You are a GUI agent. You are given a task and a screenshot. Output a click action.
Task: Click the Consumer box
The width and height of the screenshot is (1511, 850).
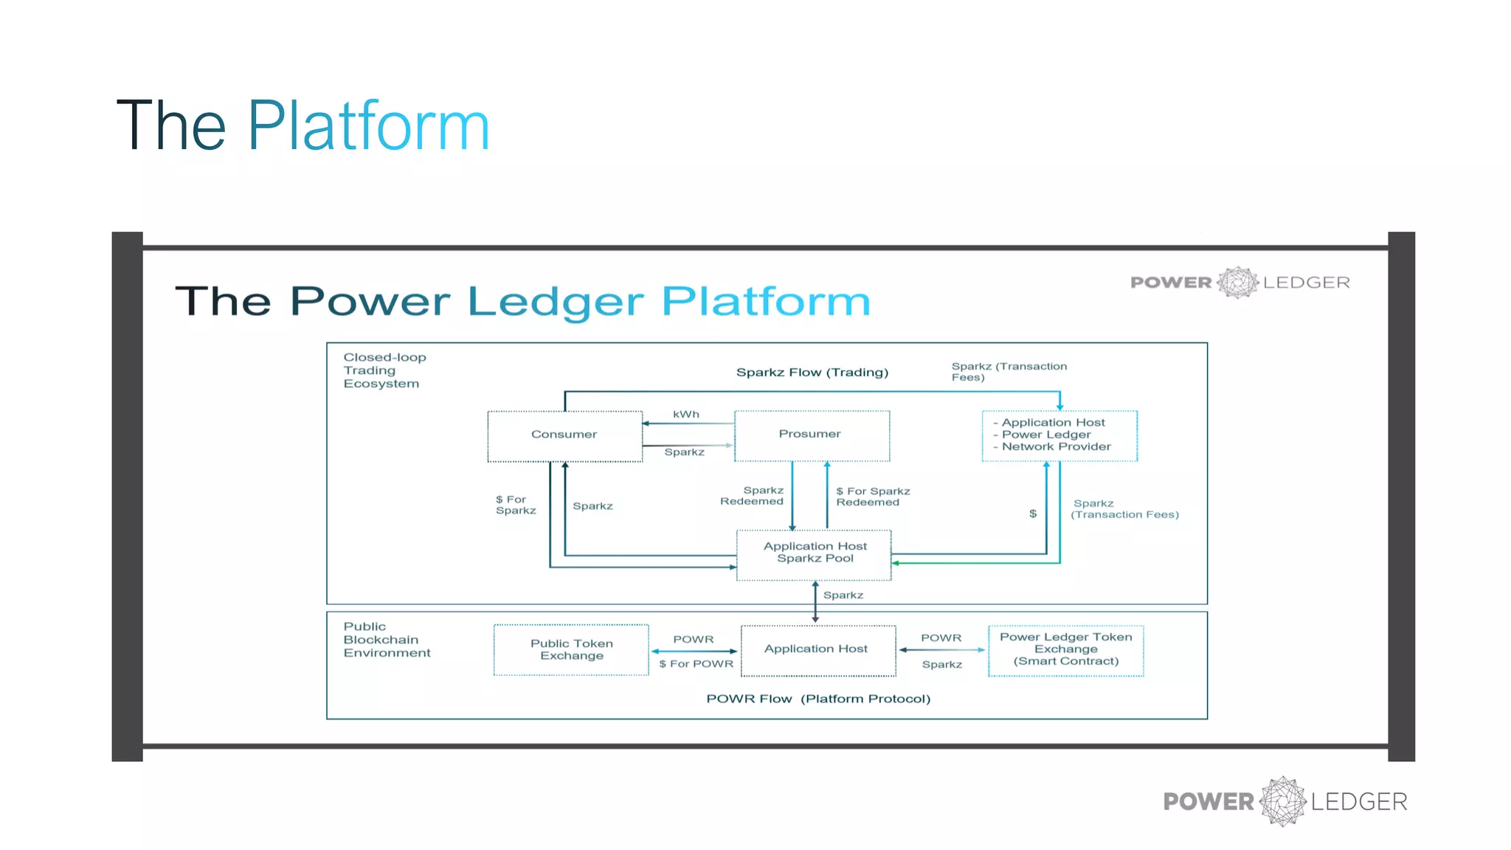coord(564,435)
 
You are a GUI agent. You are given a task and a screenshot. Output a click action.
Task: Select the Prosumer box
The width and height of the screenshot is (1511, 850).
coord(812,435)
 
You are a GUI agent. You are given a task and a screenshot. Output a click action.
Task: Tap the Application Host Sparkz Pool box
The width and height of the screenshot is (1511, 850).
coord(815,553)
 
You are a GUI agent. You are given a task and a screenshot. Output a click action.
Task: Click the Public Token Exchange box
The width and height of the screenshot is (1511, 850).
coord(571,649)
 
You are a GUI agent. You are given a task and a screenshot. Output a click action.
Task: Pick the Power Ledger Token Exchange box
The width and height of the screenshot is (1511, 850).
coord(1065,649)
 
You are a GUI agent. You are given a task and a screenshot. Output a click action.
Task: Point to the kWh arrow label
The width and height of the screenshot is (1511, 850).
coord(685,415)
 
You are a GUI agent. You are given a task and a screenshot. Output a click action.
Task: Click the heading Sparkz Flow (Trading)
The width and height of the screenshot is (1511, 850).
coord(812,373)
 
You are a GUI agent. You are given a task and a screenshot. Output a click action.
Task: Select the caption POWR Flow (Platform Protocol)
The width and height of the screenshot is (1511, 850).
coord(818,699)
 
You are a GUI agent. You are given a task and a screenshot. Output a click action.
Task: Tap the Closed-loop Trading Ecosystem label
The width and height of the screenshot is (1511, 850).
coord(384,370)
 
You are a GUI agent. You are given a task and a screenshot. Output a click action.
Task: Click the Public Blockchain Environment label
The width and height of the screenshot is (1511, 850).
coord(387,640)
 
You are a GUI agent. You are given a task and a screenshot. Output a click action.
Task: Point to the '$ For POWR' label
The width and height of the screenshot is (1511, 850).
coord(696,664)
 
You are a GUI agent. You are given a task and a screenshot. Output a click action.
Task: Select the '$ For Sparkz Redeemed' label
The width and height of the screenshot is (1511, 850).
coord(872,497)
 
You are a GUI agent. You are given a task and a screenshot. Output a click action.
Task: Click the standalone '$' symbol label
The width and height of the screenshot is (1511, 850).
coord(1033,514)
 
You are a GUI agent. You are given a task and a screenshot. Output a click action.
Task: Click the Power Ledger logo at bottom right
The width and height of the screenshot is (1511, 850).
coord(1284,801)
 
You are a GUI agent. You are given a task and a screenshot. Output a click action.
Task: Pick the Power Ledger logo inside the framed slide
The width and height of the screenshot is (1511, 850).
coord(1239,283)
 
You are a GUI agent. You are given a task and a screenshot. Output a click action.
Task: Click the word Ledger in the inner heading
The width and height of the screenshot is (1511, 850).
coord(556,302)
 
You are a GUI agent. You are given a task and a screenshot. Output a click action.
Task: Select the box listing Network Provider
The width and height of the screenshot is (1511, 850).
coord(1059,435)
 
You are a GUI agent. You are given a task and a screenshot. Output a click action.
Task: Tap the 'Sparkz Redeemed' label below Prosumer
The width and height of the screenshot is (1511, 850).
coord(753,496)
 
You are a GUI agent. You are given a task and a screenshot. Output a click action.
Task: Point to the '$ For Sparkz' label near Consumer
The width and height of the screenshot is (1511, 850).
coord(515,505)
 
